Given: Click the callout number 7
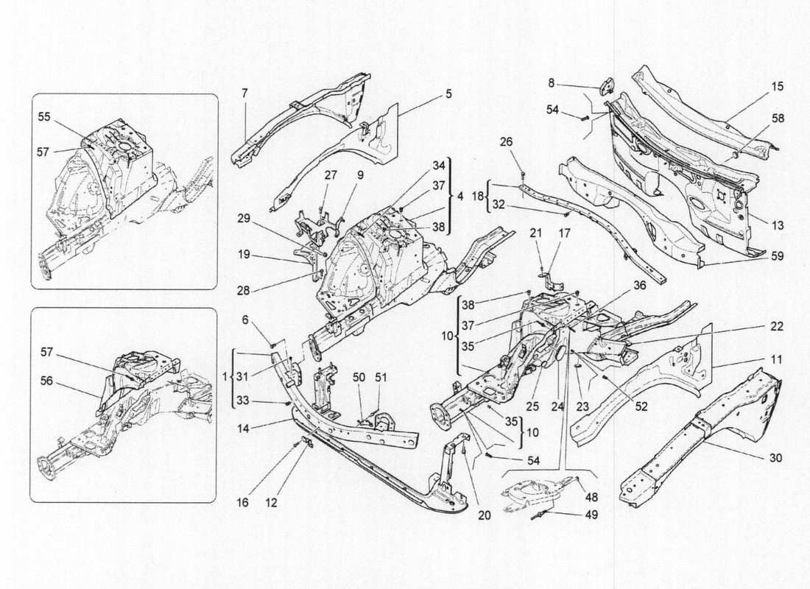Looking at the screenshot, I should click(x=244, y=93).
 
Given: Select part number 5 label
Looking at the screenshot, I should click(x=448, y=94).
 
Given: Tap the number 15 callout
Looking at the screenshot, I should click(x=778, y=87).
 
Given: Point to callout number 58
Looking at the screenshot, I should click(x=778, y=118).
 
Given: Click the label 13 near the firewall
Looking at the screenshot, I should click(x=778, y=225).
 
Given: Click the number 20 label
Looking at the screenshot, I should click(x=483, y=516).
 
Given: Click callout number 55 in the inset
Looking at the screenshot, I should click(x=44, y=116).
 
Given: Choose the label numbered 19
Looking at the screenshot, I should click(x=244, y=255).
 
